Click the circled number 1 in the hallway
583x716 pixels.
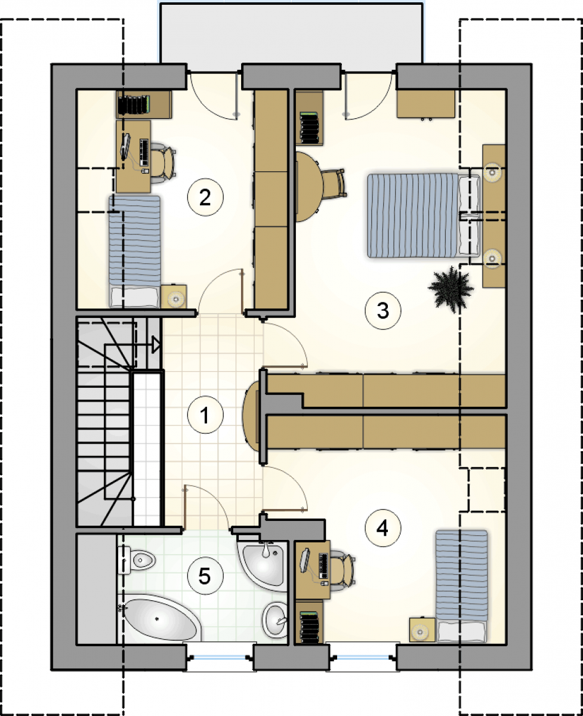pyautogui.click(x=205, y=415)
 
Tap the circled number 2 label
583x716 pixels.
pyautogui.click(x=205, y=197)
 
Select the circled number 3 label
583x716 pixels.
pyautogui.click(x=383, y=311)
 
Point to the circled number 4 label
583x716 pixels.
pyautogui.click(x=383, y=528)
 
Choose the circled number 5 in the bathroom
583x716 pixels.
pyautogui.click(x=205, y=576)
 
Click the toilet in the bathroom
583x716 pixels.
pyautogui.click(x=136, y=560)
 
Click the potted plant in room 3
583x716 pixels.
pyautogui.click(x=451, y=289)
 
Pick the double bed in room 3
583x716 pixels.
pyautogui.click(x=424, y=215)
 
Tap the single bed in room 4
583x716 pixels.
pyautogui.click(x=462, y=587)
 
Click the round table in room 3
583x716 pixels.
pyautogui.click(x=309, y=187)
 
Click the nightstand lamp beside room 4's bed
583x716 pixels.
pyautogui.click(x=420, y=632)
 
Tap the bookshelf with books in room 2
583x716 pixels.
pyautogui.click(x=144, y=104)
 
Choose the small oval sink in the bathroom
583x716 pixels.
pyautogui.click(x=275, y=619)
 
